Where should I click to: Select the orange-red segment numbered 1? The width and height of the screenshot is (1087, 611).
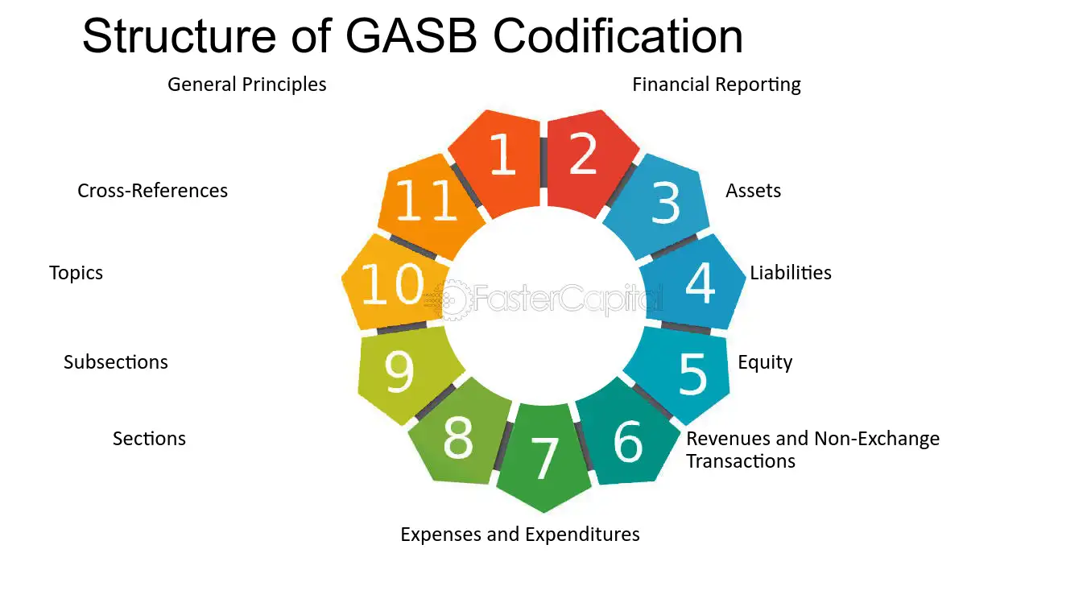pos(500,160)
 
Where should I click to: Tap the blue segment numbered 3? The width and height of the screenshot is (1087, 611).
pos(660,204)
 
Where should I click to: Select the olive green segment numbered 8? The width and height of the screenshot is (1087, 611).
pos(459,437)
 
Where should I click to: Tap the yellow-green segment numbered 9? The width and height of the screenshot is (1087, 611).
pos(405,374)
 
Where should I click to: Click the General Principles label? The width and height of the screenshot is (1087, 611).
pos(247,85)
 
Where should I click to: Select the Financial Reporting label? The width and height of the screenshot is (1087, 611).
pos(717,85)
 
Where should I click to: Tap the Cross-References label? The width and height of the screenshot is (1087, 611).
pos(152,191)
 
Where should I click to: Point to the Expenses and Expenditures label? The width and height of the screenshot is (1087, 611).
pos(520,535)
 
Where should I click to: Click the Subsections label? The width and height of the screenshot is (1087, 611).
pos(116,362)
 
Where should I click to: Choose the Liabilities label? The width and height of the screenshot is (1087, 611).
pos(791,273)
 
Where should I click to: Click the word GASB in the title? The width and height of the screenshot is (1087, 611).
pos(411,36)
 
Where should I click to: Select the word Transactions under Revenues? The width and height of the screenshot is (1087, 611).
pos(741,461)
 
